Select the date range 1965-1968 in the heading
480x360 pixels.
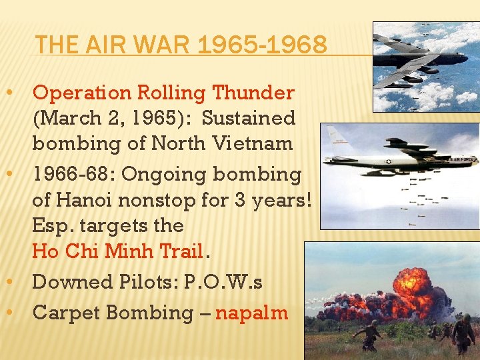(x=262, y=45)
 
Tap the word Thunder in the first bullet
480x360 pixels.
(x=254, y=93)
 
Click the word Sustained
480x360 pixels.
(x=248, y=118)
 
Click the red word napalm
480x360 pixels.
(x=251, y=312)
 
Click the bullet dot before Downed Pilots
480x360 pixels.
(x=21, y=282)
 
